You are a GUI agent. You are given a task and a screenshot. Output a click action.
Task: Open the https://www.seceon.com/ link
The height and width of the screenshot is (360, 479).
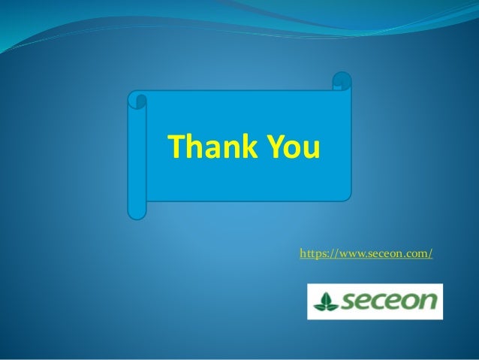[x=366, y=254]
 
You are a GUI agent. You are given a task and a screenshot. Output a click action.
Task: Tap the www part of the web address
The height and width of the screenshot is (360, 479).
[x=339, y=254]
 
